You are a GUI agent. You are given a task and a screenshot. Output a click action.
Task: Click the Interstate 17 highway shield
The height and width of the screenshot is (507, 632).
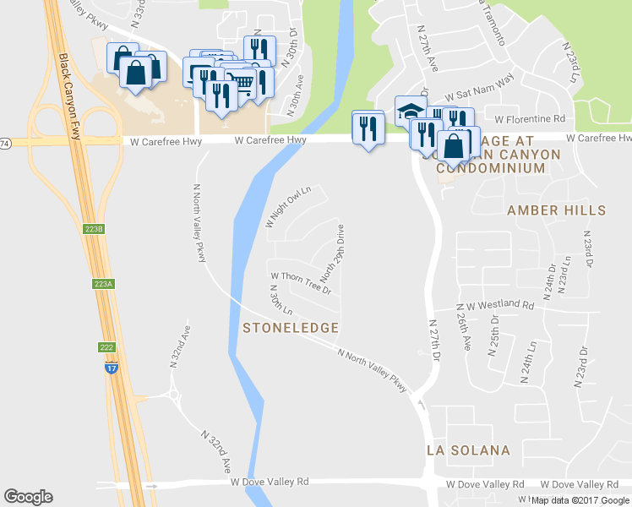(x=111, y=368)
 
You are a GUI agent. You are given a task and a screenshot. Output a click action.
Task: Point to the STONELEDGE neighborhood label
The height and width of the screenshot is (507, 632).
(x=291, y=327)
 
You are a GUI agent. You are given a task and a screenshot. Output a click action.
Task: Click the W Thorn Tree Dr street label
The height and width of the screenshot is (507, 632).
(x=300, y=281)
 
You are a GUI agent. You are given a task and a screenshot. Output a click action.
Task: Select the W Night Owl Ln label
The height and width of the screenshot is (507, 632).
(x=288, y=207)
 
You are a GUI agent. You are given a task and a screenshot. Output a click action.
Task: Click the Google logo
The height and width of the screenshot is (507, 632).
(x=28, y=497)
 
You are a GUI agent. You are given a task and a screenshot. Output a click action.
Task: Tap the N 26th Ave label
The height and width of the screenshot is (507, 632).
(x=466, y=333)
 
